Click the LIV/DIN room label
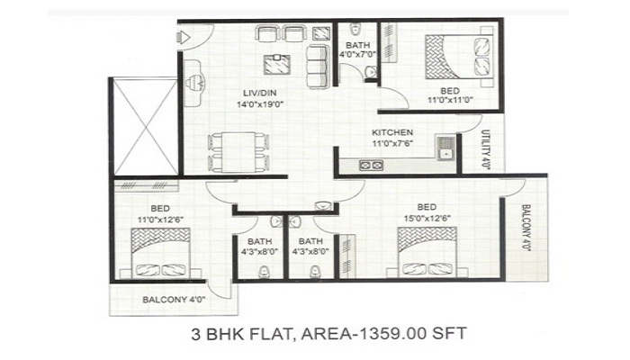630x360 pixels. tap(259, 94)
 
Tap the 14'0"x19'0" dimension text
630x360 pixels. tap(260, 104)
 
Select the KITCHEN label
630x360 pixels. tap(392, 132)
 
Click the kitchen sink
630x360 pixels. tap(445, 148)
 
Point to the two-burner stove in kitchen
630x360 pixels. tap(371, 165)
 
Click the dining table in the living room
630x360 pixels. tap(238, 152)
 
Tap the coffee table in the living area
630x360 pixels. tap(277, 64)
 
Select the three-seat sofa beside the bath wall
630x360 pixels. tap(319, 67)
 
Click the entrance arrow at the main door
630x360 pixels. tap(184, 38)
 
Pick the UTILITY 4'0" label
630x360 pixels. tap(485, 149)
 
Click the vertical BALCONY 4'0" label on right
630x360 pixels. tap(526, 228)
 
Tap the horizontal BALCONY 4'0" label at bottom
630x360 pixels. tap(174, 300)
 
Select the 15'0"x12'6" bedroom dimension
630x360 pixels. tap(427, 218)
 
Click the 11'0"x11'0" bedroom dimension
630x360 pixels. tap(450, 100)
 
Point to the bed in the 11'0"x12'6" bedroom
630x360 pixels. tap(161, 253)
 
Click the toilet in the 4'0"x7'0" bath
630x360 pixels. tap(355, 30)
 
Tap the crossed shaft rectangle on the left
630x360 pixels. tap(145, 127)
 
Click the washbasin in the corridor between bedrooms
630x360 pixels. tap(322, 206)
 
